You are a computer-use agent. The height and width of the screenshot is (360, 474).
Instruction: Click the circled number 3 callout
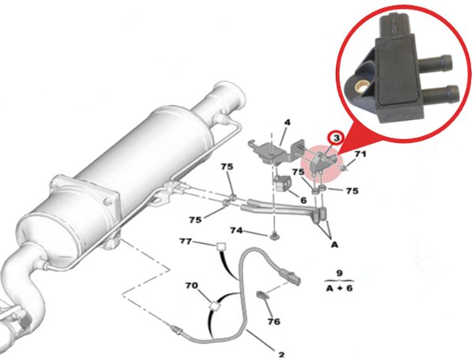(x=336, y=137)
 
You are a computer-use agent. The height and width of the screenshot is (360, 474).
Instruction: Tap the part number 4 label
(x=288, y=122)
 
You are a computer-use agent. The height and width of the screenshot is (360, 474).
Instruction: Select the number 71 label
(x=360, y=154)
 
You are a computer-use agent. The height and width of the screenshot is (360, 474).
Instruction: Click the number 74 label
(x=236, y=231)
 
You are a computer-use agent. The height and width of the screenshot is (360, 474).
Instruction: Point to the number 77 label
(x=186, y=242)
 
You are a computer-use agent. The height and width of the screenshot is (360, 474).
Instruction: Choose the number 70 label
(x=192, y=285)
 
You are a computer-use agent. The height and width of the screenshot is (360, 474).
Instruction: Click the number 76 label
(x=274, y=321)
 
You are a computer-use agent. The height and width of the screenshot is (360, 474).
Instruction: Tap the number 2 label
(x=281, y=354)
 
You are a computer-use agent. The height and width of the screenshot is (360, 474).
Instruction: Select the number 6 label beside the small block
(x=303, y=200)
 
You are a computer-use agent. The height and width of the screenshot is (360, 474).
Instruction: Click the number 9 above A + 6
(x=340, y=273)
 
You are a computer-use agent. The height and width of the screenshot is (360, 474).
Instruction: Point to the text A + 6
(x=339, y=288)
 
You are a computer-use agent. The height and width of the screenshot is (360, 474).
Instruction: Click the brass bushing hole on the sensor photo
(x=361, y=87)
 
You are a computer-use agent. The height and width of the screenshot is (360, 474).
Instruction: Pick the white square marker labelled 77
(x=221, y=247)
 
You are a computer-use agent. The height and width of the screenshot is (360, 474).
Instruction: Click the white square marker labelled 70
(x=214, y=306)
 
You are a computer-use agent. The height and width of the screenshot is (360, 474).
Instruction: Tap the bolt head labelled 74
(x=274, y=235)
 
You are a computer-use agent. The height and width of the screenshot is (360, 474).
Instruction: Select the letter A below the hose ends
(x=334, y=244)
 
